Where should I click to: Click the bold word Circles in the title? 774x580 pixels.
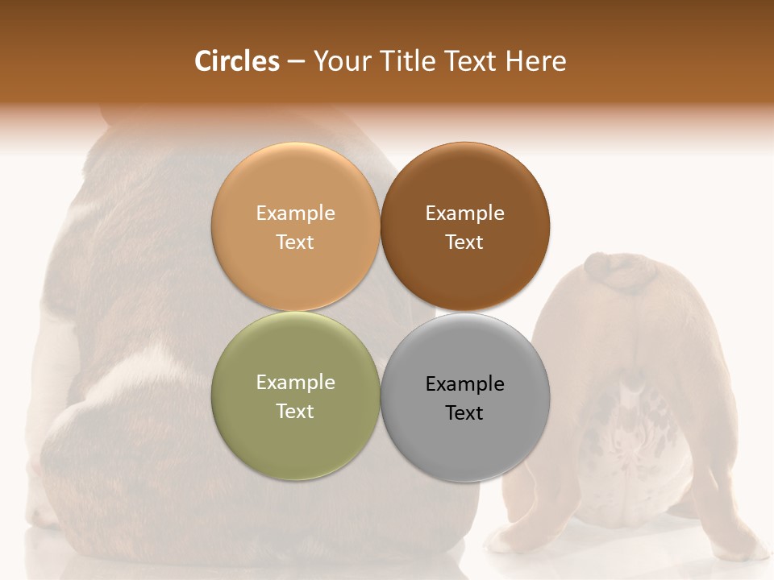237,61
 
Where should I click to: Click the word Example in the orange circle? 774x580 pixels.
295,213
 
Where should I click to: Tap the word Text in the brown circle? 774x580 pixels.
464,242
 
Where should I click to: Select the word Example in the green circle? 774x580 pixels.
295,383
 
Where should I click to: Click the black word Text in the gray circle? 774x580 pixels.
464,413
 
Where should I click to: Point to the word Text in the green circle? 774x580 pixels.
295,412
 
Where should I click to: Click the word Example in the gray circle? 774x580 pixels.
464,384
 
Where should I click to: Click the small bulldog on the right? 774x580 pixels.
629,403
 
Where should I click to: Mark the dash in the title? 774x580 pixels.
296,62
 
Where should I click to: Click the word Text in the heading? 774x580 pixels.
468,61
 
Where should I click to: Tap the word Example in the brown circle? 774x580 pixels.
464,213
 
